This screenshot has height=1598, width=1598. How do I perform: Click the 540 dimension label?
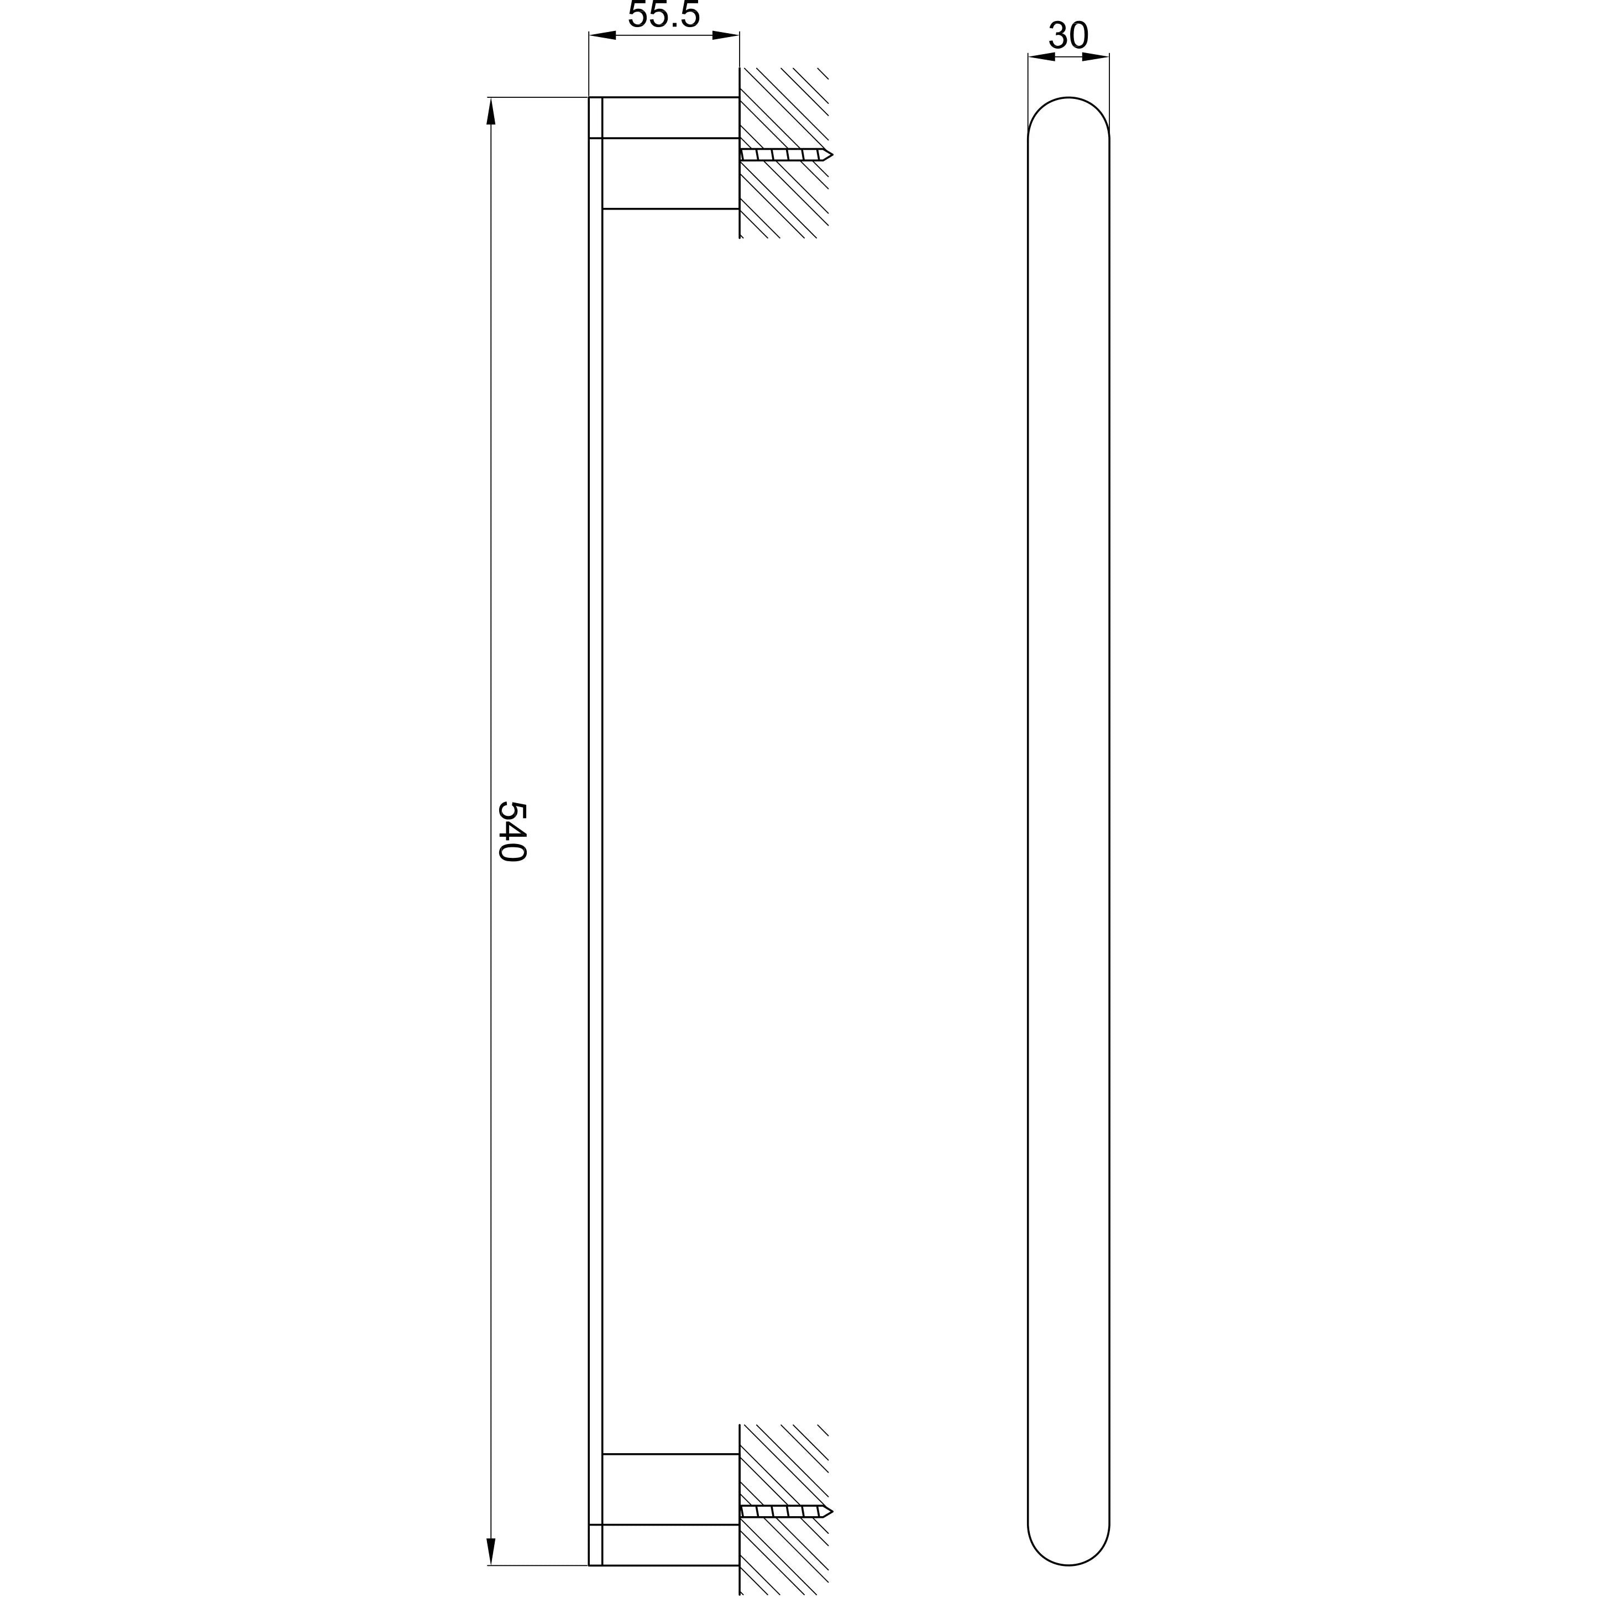pyautogui.click(x=512, y=831)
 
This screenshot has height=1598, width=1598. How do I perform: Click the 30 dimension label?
pyautogui.click(x=1068, y=35)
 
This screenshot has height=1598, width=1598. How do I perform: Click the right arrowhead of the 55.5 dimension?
pyautogui.click(x=725, y=35)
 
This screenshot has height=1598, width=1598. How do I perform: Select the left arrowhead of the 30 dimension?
pyautogui.click(x=1041, y=56)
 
